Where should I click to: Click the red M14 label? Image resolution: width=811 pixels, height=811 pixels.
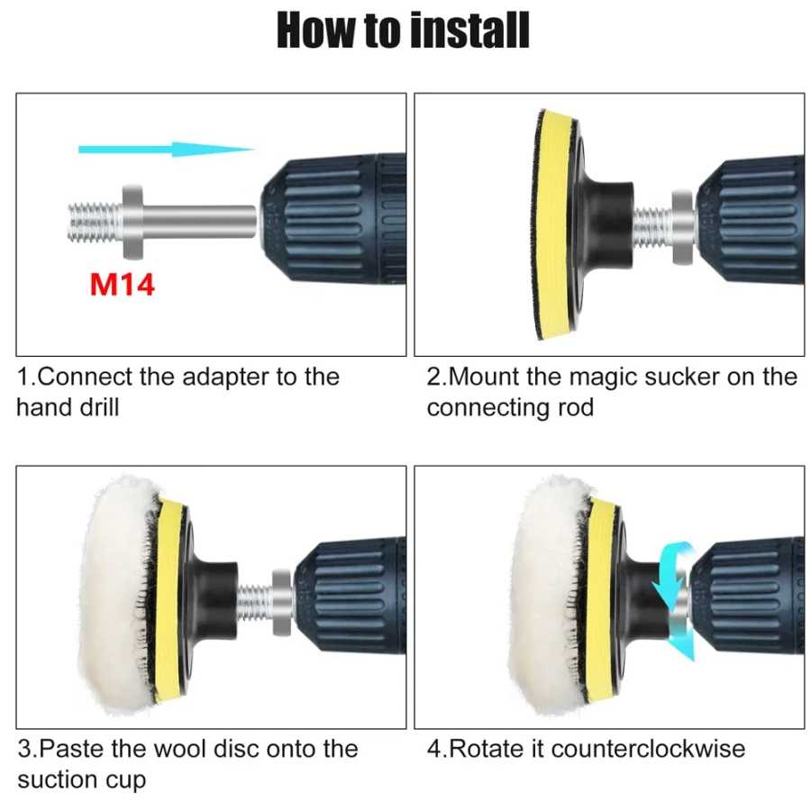tap(122, 285)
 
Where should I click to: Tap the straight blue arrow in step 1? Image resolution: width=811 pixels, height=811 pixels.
tap(166, 150)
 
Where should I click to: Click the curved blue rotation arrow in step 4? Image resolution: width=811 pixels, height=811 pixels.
tap(674, 600)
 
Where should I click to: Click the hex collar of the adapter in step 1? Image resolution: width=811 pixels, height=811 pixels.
tap(133, 223)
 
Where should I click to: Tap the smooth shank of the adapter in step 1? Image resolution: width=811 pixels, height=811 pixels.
tap(200, 222)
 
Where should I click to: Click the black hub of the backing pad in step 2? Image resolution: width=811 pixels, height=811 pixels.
tap(607, 225)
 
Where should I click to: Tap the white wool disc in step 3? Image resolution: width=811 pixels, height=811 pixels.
tap(119, 595)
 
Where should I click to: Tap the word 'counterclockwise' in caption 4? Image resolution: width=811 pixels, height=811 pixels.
tap(649, 749)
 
